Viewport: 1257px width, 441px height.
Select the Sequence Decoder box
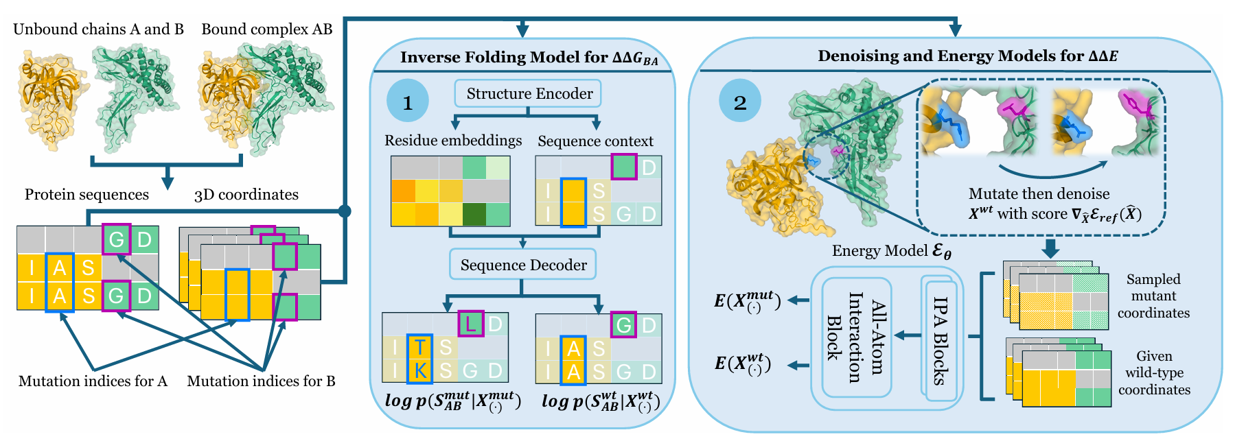click(523, 265)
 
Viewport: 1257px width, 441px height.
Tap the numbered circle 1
click(408, 102)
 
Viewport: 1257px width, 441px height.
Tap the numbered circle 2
click(740, 102)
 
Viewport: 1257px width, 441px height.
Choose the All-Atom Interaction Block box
click(856, 337)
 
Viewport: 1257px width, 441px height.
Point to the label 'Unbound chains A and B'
click(98, 29)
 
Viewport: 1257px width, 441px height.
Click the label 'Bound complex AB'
click(266, 29)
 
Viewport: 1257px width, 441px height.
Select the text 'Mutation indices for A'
click(93, 381)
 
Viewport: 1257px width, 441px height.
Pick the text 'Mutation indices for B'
click(261, 381)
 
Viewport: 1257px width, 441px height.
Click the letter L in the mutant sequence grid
click(471, 324)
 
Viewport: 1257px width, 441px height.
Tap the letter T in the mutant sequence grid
click(419, 348)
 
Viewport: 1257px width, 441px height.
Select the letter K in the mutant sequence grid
click(419, 371)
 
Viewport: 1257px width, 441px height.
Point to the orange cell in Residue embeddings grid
click(403, 191)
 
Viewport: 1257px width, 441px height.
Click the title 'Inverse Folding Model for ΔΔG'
click(529, 58)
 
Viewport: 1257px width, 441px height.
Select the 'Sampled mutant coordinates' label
click(1153, 296)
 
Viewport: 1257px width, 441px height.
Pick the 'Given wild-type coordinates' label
click(1154, 373)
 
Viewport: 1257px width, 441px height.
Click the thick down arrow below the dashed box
click(1050, 248)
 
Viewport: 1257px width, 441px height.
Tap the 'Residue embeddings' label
click(453, 141)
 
